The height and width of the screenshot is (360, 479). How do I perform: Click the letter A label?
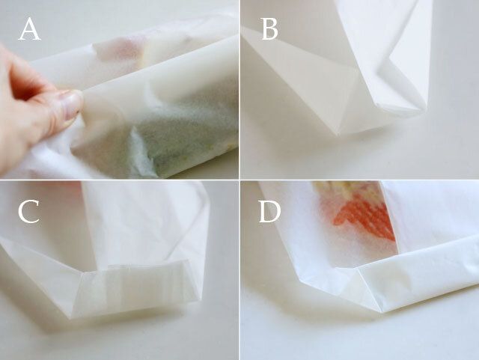(30, 29)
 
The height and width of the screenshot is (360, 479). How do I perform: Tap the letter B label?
(270, 29)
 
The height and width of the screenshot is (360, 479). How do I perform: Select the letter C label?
(28, 212)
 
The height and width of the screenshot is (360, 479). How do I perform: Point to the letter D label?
(269, 212)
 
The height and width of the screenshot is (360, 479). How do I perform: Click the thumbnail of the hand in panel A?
(71, 104)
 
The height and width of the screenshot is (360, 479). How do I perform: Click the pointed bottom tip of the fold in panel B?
(338, 134)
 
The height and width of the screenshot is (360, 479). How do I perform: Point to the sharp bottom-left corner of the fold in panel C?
(71, 318)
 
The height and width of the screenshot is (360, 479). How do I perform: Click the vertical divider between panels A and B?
(239, 90)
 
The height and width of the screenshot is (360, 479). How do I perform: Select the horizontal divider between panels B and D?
(359, 180)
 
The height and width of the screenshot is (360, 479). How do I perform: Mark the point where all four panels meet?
(239, 180)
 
